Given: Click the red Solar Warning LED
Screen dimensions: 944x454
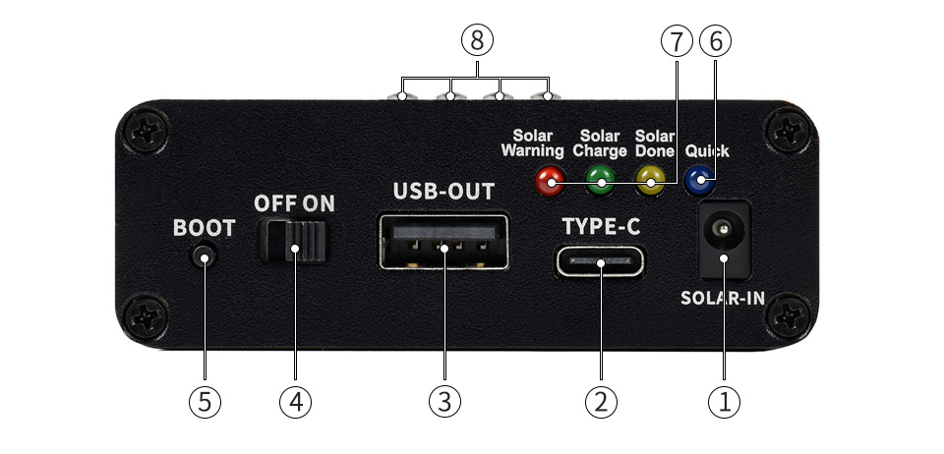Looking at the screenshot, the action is [x=550, y=181].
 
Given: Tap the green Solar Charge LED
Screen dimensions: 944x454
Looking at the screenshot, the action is [x=600, y=181].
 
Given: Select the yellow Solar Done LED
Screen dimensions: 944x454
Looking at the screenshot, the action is [x=651, y=181].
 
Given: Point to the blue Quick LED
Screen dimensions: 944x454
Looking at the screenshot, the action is [x=700, y=181].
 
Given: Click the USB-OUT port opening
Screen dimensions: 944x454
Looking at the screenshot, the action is [x=444, y=242].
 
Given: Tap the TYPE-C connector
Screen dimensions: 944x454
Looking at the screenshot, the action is [x=600, y=262].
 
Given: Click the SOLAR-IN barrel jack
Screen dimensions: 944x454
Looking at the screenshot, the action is [x=724, y=240].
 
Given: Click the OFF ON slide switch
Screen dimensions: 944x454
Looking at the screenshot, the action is [x=293, y=242].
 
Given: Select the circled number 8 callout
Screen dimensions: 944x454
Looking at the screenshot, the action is [x=477, y=41].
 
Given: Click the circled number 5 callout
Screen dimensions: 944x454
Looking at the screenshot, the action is [x=205, y=402].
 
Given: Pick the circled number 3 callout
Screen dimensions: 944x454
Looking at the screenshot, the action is [x=444, y=402].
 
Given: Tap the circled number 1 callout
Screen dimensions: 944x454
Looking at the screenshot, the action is [x=724, y=402].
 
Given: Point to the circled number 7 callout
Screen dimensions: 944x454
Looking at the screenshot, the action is [x=677, y=41].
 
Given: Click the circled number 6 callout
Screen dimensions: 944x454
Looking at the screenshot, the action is [x=715, y=41].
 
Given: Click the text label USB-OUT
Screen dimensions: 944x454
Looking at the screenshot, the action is [x=443, y=192].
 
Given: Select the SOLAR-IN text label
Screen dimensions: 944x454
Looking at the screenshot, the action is [x=723, y=298].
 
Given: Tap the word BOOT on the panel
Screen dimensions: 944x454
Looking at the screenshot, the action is [x=205, y=228].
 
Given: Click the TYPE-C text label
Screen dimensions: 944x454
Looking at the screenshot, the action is [x=601, y=227].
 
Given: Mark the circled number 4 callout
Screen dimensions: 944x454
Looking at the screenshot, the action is [x=296, y=402].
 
